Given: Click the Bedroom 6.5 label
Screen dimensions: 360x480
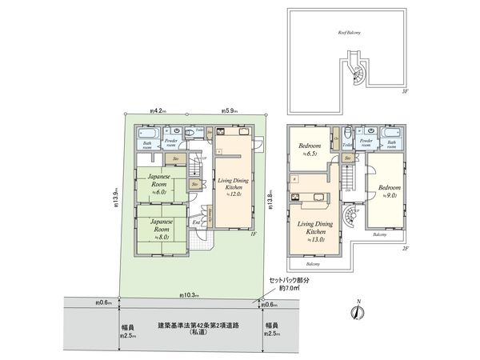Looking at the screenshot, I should point(310,150).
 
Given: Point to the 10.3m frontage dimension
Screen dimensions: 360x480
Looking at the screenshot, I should point(190,296).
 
